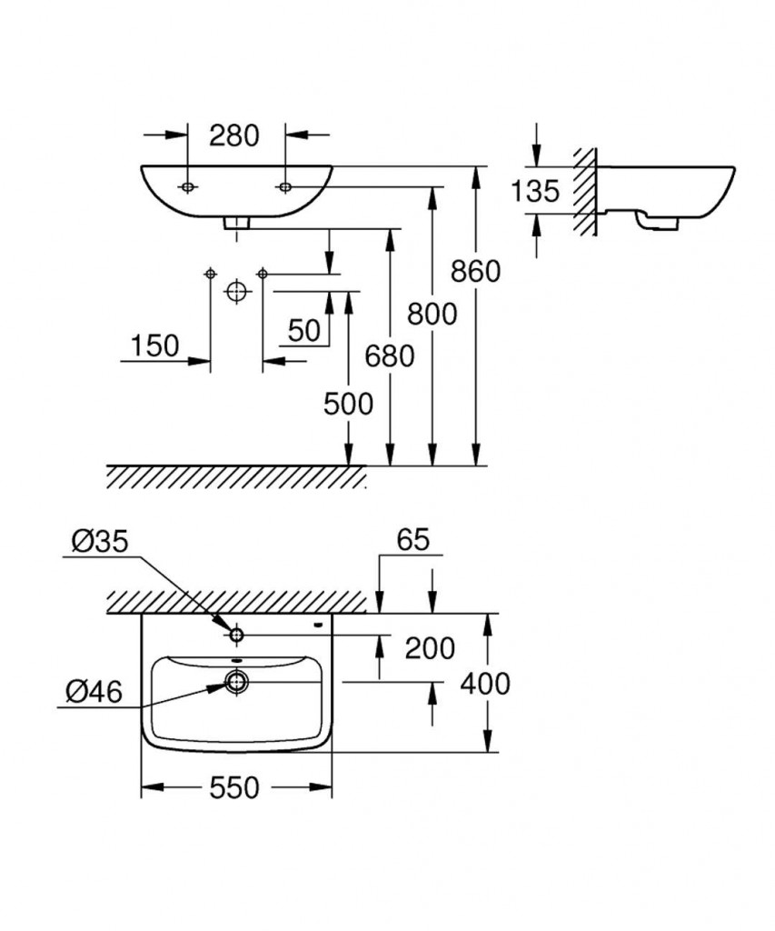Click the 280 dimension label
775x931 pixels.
pos(234,135)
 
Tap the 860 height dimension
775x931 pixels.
pos(474,270)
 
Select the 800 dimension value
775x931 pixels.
pos(432,314)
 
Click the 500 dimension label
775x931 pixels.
pos(348,403)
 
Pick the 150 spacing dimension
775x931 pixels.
pos(154,345)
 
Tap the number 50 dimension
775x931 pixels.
pos(304,330)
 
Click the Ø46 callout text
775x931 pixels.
pos(94,692)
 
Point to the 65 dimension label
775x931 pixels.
pos(412,540)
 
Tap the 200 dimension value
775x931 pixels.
pos(429,648)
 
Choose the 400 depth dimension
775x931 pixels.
pos(484,683)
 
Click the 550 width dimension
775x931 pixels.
pos(233,787)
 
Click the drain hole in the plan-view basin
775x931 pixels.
pos(236,681)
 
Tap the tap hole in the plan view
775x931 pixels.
pos(236,634)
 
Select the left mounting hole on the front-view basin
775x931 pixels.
pos(187,187)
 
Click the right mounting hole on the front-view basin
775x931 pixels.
pos(284,187)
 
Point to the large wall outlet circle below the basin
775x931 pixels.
pos(236,292)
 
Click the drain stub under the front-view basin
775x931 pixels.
pos(237,221)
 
